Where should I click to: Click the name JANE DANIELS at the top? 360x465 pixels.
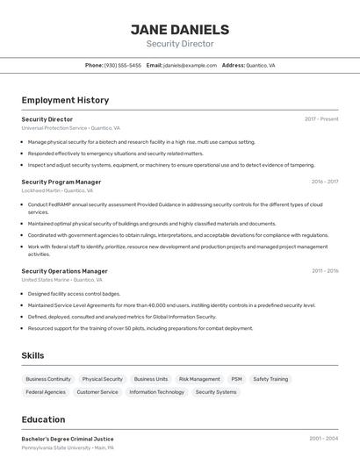coord(180,30)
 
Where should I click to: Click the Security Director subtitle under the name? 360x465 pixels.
coord(180,44)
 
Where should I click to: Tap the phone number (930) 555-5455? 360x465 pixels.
coord(122,65)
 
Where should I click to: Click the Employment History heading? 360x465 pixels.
coord(65,100)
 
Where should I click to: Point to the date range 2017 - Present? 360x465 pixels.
coord(321,118)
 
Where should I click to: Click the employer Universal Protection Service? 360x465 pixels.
coord(54,127)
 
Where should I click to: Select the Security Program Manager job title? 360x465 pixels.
coord(61,182)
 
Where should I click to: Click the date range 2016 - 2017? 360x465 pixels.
coord(324,182)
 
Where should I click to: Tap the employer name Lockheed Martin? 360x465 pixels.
coord(40,190)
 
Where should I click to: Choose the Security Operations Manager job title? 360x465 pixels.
coord(65,271)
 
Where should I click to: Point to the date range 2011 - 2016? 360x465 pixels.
coord(324,271)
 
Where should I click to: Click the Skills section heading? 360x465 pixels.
coord(32,355)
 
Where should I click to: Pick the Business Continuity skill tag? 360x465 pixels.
coord(48,379)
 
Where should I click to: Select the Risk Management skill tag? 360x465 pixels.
coord(199,379)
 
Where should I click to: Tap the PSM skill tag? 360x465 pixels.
coord(236,379)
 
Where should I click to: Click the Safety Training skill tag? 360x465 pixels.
coord(270,379)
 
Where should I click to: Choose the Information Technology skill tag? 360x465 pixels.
coord(157,392)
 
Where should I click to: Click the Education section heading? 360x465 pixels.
coord(43,419)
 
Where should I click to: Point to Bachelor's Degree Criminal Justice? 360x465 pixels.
coord(68,439)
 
